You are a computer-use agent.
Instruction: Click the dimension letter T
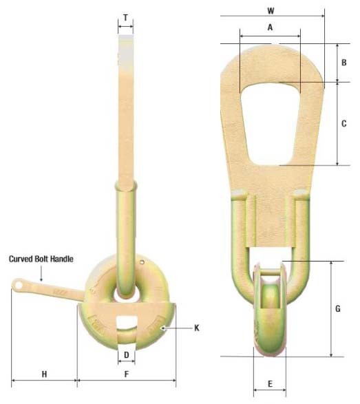coord(125,17)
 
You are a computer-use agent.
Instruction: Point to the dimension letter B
coord(344,62)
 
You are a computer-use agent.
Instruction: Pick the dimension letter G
coord(338,309)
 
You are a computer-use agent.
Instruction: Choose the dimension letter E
coord(270,383)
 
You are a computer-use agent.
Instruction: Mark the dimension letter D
coord(126,354)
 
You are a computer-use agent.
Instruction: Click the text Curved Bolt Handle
coord(41,259)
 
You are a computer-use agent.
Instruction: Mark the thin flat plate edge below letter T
coord(126,103)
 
